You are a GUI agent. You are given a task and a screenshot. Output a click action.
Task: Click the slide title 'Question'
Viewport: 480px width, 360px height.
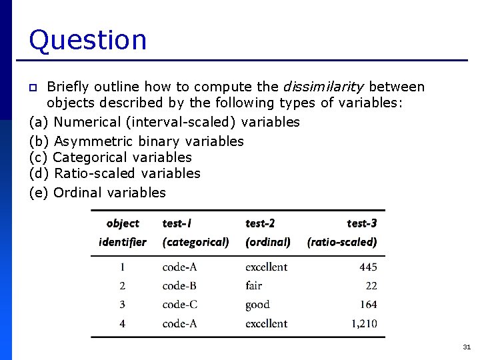point(87,40)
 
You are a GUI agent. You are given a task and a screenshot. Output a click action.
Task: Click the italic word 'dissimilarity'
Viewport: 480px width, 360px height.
point(323,87)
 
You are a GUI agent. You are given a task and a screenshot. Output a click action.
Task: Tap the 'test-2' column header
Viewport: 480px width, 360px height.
point(260,223)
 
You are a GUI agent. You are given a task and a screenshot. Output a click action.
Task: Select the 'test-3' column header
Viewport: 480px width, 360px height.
point(361,223)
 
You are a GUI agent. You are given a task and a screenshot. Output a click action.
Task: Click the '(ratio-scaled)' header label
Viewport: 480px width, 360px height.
point(342,242)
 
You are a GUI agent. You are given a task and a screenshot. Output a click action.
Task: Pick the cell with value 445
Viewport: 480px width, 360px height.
point(367,267)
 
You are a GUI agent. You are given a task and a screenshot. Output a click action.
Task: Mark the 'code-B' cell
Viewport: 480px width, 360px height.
point(179,285)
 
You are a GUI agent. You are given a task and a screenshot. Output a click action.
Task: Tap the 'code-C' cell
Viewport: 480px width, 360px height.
point(179,304)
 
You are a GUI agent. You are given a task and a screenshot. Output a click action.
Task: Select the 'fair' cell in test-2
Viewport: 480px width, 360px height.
point(253,285)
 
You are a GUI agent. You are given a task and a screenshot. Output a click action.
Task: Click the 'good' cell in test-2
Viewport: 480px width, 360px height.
point(257,305)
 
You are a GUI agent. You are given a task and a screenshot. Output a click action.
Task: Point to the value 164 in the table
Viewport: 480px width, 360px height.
point(367,304)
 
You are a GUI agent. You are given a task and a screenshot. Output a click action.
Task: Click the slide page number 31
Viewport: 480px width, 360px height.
point(466,347)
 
